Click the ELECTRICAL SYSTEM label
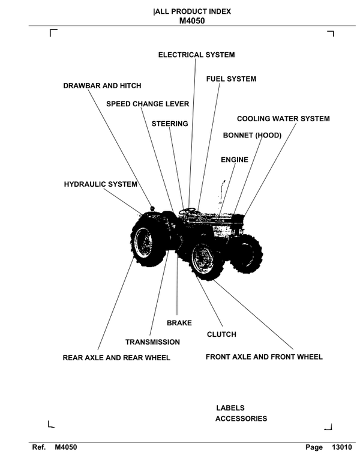(x=196, y=55)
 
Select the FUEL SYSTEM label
(x=231, y=79)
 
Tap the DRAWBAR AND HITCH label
(x=102, y=86)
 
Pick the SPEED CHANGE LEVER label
(x=148, y=104)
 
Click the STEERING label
(x=170, y=124)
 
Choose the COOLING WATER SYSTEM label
(x=283, y=119)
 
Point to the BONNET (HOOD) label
(x=252, y=136)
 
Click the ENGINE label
(x=234, y=160)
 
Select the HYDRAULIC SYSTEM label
(x=100, y=184)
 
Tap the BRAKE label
(x=179, y=323)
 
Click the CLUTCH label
(x=221, y=334)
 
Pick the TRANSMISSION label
(x=152, y=342)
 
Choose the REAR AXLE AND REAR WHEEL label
(x=116, y=358)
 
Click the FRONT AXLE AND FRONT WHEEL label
(x=264, y=357)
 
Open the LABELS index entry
(x=230, y=408)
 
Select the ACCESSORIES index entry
(x=241, y=419)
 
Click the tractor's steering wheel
(x=187, y=211)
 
